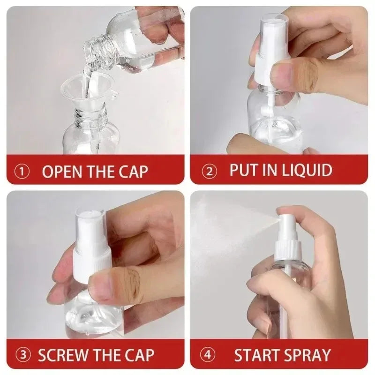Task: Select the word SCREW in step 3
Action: click(63, 355)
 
